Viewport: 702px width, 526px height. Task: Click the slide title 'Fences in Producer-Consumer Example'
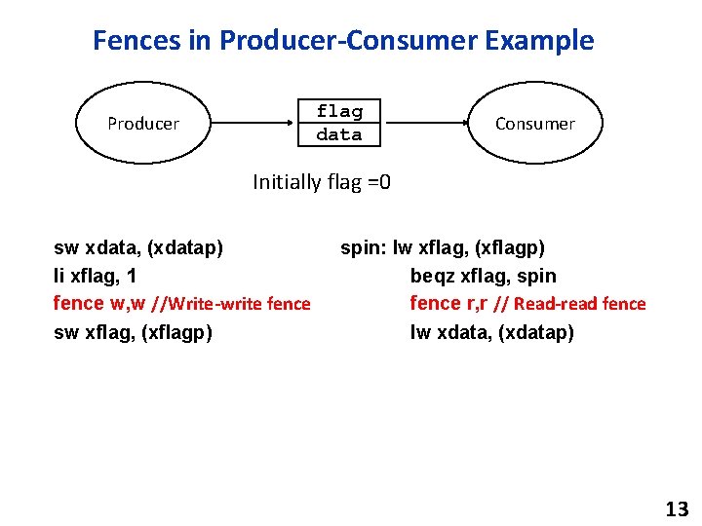pos(343,41)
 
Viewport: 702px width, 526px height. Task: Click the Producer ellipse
pos(143,124)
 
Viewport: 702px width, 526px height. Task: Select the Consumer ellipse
pos(534,124)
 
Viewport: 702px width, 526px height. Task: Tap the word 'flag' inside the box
pos(339,111)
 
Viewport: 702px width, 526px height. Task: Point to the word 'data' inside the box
pos(339,134)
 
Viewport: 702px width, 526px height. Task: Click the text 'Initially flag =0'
pos(322,181)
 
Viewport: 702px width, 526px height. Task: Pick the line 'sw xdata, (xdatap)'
pos(137,247)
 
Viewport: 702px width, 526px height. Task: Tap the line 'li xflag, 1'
pos(95,276)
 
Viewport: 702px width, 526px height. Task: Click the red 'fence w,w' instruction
pos(100,303)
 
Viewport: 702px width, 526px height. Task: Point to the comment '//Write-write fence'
pos(233,304)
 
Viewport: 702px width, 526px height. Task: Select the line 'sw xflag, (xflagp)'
pos(133,332)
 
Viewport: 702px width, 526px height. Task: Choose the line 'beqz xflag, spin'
pos(484,276)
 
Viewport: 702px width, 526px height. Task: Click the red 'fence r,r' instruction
pos(449,303)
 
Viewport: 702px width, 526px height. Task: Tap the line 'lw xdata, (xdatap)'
pos(492,332)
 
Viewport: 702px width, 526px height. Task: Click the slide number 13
pos(676,508)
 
